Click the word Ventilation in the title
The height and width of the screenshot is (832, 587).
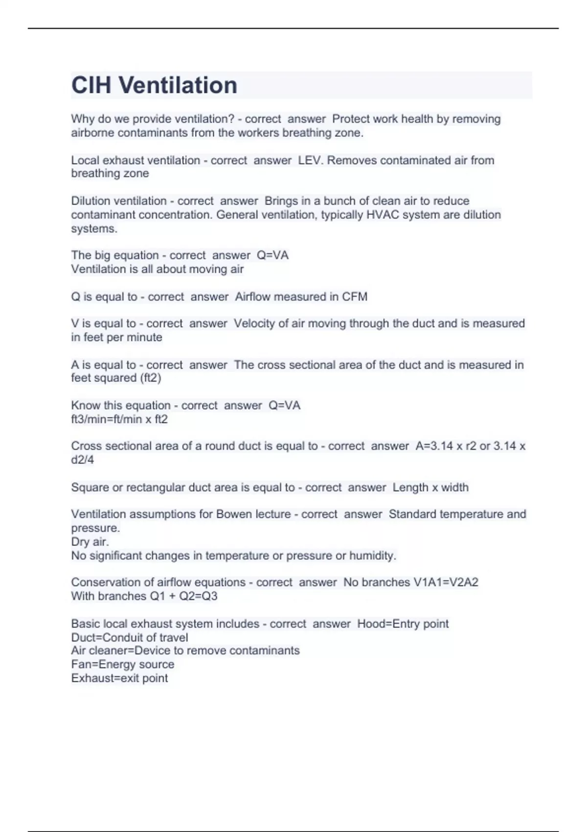[x=178, y=85]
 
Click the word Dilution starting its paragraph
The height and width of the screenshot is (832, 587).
[x=92, y=201]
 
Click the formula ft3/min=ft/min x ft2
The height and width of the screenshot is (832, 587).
[x=119, y=419]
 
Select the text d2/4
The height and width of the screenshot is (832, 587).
[x=82, y=460]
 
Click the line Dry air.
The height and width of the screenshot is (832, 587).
[x=90, y=542]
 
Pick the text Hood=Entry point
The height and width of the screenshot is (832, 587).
[x=403, y=624]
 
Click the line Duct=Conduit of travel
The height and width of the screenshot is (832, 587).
[x=130, y=638]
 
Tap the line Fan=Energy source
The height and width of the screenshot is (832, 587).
[x=123, y=665]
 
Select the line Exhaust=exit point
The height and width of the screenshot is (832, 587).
[x=119, y=678]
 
